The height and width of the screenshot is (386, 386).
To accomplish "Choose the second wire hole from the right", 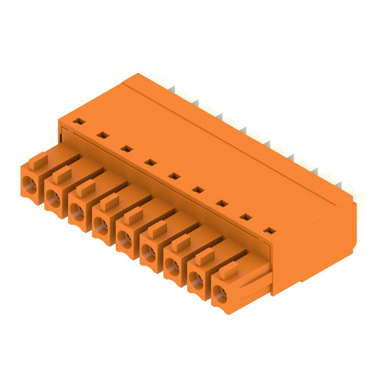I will pos(196,279).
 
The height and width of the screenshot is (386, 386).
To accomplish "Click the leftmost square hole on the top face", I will pos(78,121).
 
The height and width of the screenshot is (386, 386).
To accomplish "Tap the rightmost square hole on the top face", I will pos(271,231).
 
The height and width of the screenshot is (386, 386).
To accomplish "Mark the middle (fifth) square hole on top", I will pos(174,176).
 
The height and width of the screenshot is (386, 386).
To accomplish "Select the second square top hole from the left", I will pos(101,135).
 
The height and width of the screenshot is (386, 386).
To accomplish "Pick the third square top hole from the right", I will pos(221,204).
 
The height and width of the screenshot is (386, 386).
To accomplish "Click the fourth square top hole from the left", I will pos(150,163).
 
